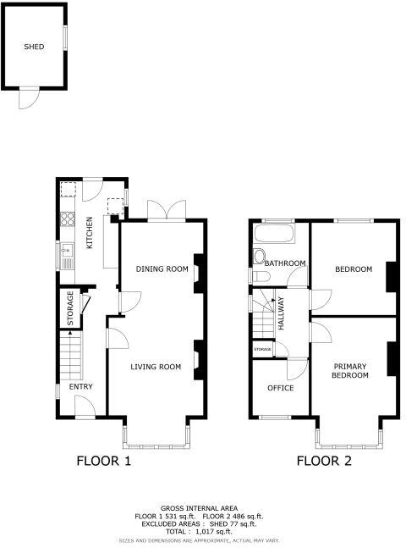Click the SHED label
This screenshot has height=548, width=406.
click(34, 47)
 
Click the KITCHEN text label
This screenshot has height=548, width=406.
click(89, 233)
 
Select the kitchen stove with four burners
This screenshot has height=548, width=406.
click(66, 223)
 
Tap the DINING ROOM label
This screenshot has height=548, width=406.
click(162, 268)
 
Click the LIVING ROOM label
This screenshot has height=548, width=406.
click(156, 367)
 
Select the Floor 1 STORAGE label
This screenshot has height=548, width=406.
click(71, 308)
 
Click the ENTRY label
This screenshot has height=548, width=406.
click(81, 387)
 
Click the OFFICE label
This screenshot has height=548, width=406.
click(280, 388)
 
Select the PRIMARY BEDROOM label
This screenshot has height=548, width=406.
click(349, 370)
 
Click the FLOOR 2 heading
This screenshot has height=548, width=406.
click(323, 461)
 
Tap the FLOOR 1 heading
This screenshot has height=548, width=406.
click(104, 461)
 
